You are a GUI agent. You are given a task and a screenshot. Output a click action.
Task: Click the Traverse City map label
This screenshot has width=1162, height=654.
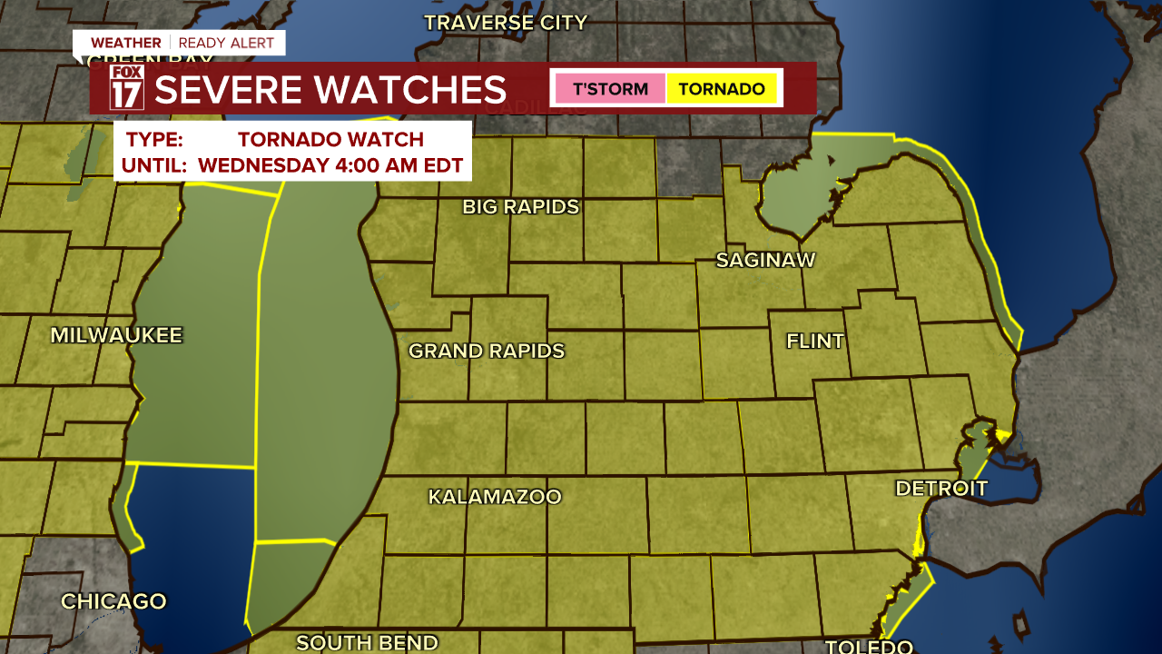tap(506, 23)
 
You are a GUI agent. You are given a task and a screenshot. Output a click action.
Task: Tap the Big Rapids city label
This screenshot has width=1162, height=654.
tap(520, 207)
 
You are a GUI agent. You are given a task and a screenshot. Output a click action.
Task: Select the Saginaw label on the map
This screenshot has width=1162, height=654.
tap(765, 261)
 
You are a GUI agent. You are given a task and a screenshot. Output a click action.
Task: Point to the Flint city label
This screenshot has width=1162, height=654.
tap(814, 342)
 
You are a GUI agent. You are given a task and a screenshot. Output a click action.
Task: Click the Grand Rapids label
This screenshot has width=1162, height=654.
tap(486, 352)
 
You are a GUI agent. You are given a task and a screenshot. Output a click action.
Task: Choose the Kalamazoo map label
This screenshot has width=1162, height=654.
tap(495, 498)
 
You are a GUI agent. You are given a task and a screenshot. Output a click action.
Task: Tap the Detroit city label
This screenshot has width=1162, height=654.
tap(940, 489)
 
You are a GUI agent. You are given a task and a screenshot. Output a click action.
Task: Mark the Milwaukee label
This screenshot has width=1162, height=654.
tap(116, 336)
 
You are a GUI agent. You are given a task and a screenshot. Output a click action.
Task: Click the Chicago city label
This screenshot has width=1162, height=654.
tap(113, 601)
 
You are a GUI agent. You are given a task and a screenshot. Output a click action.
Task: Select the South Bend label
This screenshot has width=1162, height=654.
tap(367, 643)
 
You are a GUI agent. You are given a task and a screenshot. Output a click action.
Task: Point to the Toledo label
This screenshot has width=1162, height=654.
tap(868, 646)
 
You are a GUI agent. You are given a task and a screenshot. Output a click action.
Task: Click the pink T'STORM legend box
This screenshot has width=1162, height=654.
tap(609, 89)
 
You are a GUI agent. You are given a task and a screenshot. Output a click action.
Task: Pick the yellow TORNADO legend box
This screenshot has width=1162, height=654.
tap(722, 89)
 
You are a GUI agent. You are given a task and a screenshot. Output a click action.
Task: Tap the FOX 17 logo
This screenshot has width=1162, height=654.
tap(127, 88)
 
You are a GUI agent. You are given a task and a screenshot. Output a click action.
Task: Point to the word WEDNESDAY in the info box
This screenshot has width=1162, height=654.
tap(263, 166)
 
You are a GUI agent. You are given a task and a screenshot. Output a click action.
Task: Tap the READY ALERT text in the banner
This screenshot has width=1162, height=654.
tap(227, 43)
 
